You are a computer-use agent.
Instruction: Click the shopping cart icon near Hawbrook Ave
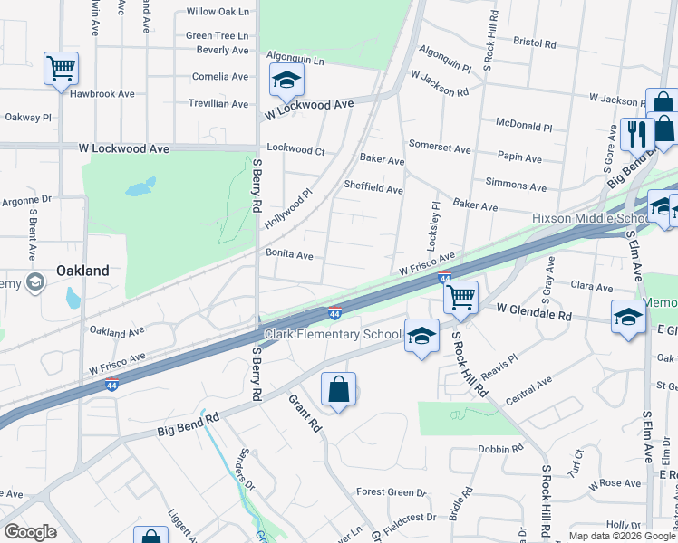click(x=61, y=69)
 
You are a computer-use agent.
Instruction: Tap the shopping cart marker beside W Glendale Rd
click(x=461, y=296)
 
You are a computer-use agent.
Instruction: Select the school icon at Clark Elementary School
click(x=421, y=336)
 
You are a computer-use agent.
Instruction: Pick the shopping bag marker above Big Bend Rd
click(x=338, y=390)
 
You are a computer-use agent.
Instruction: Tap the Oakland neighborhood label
click(x=82, y=271)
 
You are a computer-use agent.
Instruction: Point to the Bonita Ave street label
click(x=289, y=256)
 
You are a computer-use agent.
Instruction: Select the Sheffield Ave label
click(x=373, y=189)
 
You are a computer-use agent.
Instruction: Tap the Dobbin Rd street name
click(x=501, y=448)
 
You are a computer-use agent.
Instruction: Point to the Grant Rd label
click(x=305, y=412)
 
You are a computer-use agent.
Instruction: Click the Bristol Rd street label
click(x=534, y=42)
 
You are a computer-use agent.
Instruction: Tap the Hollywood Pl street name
click(x=288, y=209)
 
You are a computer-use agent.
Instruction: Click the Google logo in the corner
click(x=31, y=531)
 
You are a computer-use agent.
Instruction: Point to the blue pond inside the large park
click(x=136, y=189)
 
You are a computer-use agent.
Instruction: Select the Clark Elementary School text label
click(x=333, y=335)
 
